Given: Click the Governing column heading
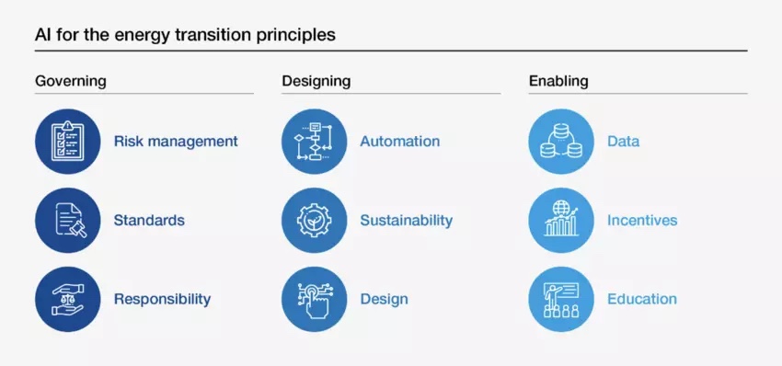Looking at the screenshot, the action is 70,81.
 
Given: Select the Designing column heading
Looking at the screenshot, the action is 316,81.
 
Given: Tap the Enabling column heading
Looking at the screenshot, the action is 558,81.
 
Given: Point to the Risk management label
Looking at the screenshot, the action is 176,141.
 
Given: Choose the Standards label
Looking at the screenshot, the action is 149,220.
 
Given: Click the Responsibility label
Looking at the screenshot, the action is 163,299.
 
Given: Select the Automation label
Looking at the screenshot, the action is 400,141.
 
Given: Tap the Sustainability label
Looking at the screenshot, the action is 407,221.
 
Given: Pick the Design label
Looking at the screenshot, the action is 384,299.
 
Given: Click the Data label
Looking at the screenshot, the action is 624,141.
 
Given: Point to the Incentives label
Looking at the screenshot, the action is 642,220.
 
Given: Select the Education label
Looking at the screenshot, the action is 642,299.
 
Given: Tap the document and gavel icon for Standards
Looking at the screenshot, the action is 68,220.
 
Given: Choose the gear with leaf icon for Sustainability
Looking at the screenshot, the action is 315,220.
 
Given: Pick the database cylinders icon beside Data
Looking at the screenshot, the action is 561,141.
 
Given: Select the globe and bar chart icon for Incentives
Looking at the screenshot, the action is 561,220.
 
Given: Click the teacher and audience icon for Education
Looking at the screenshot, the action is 561,299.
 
